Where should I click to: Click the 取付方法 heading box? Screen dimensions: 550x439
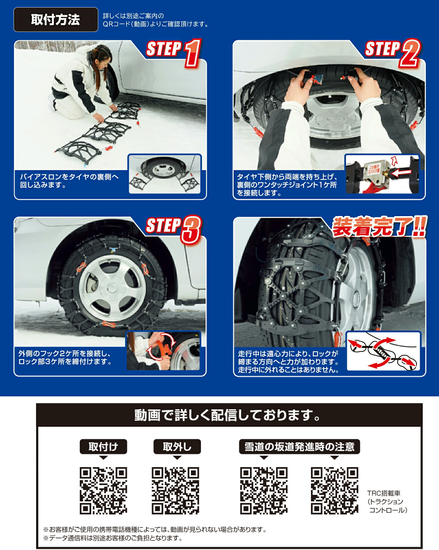(56, 20)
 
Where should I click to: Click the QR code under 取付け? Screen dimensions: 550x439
(103, 490)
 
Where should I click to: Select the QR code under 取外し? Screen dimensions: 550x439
(176, 490)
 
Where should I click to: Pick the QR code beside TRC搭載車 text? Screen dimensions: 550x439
(334, 490)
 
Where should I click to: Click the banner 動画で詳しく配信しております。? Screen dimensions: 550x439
(228, 415)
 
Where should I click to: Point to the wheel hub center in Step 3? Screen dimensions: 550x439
(112, 288)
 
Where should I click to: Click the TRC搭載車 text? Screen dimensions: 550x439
(384, 493)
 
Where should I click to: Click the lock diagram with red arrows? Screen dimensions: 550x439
(383, 351)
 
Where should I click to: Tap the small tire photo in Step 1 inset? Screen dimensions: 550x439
(165, 174)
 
